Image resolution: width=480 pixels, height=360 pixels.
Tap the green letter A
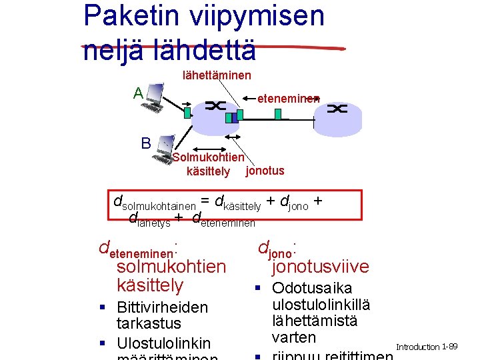[138, 93]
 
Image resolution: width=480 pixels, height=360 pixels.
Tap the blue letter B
[145, 143]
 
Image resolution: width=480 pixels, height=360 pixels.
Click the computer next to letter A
[156, 97]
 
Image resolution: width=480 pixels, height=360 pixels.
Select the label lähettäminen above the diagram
[217, 76]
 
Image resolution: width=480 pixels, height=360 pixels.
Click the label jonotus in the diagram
[265, 171]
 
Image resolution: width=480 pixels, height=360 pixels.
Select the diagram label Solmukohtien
[209, 158]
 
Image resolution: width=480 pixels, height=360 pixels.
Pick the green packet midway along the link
[277, 114]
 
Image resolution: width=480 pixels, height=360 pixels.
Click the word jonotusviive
[319, 267]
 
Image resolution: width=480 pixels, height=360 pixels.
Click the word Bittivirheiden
[162, 307]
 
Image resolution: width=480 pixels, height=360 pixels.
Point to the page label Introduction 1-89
[426, 347]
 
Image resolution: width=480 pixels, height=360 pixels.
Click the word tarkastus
[149, 324]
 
